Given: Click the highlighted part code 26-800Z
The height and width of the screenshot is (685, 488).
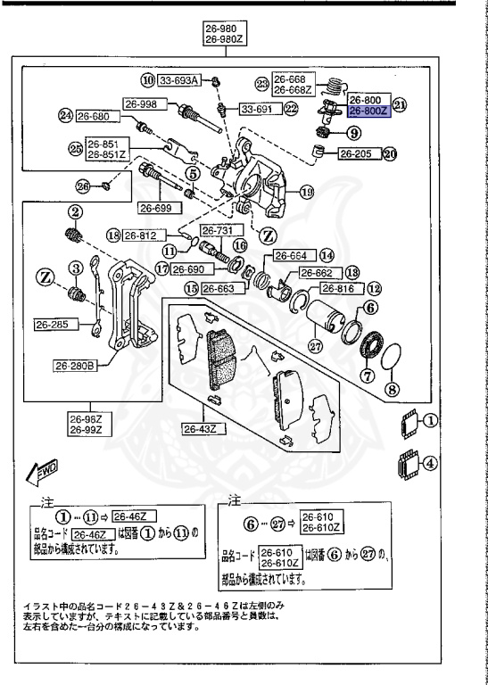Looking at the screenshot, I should pyautogui.click(x=367, y=111).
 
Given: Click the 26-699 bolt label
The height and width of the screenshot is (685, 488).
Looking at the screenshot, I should pyautogui.click(x=156, y=207).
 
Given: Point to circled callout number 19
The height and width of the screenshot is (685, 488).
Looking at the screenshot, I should pyautogui.click(x=306, y=190).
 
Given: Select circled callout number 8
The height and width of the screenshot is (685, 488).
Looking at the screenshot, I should pyautogui.click(x=390, y=389).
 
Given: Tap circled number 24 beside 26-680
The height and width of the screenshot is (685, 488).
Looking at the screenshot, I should pyautogui.click(x=64, y=115).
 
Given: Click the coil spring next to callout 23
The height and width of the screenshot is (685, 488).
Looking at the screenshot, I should pyautogui.click(x=333, y=87).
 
